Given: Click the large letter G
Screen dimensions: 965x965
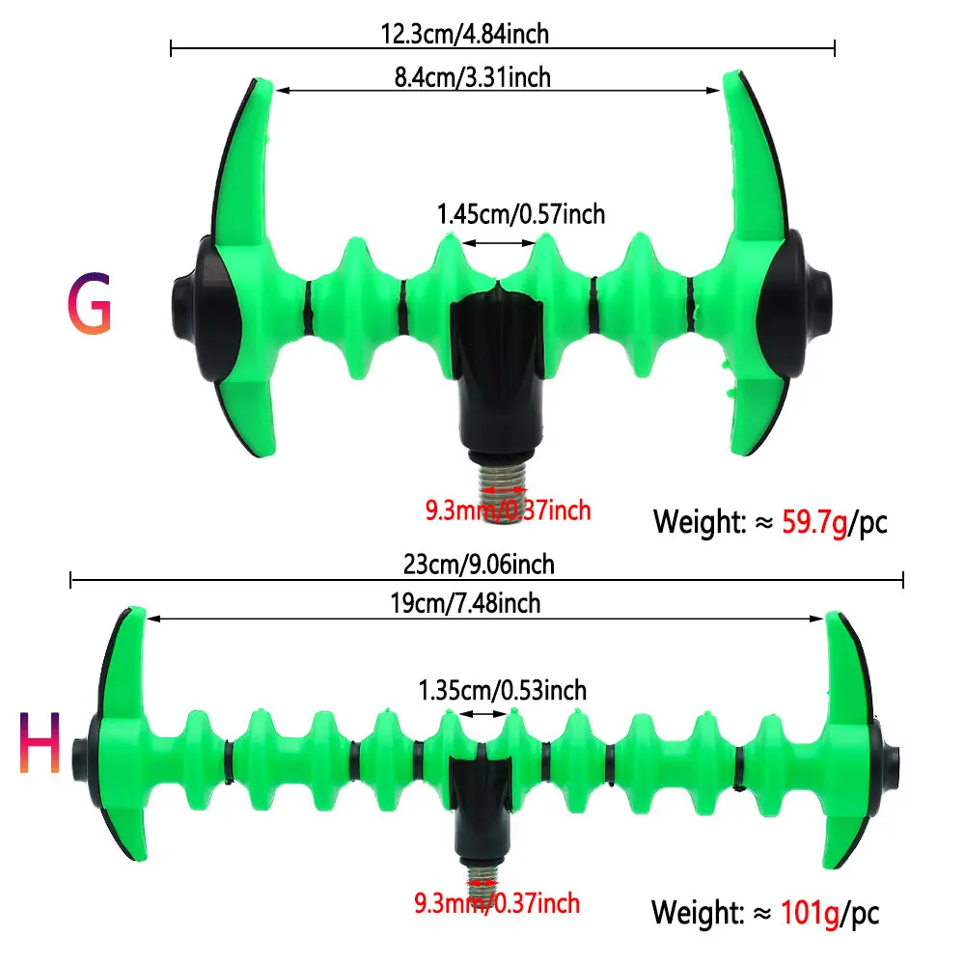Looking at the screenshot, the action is click(x=90, y=303).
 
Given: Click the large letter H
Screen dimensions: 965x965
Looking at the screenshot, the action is click(x=40, y=741).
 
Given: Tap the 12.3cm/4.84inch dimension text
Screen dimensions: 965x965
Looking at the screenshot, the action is click(x=465, y=33).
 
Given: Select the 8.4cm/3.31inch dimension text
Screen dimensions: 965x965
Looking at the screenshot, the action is click(x=473, y=77).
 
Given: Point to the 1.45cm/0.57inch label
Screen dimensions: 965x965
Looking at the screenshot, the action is click(x=521, y=214).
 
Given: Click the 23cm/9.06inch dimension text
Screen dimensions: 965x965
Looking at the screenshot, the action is click(x=479, y=564).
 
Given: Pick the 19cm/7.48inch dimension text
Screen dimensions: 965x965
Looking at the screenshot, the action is click(x=465, y=603).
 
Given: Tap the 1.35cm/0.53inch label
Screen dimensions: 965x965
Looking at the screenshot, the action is click(x=502, y=690).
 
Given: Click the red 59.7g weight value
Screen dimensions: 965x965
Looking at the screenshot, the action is click(x=814, y=523).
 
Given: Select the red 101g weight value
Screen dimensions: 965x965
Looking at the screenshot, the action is click(x=810, y=912).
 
